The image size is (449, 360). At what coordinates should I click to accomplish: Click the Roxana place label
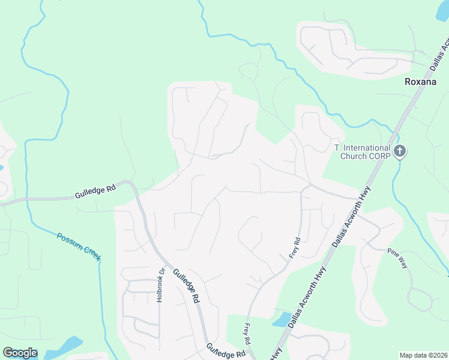[420, 82]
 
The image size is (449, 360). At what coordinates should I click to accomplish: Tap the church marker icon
[400, 152]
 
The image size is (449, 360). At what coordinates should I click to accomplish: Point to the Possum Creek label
[79, 246]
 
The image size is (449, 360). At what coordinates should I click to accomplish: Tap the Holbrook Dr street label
[161, 284]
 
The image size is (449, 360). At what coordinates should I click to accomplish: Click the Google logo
[20, 353]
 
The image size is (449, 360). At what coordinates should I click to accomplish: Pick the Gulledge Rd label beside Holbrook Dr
[186, 285]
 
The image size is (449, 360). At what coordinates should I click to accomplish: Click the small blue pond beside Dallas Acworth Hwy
[282, 319]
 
